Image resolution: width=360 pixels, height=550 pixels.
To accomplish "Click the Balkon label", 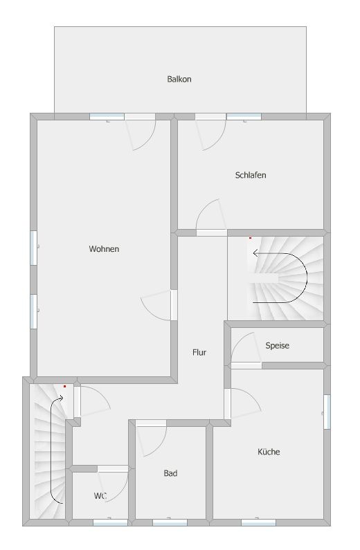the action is coord(179,80).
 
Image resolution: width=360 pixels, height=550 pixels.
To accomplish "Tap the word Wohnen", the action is coord(104,249).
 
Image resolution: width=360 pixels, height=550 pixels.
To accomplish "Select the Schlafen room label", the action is coord(251,175).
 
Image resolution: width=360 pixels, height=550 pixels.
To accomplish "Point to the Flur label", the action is coord(199,352).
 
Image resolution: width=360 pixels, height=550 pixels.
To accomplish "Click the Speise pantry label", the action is coord(277,345).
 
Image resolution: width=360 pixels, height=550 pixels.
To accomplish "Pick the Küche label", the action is coord(269,452).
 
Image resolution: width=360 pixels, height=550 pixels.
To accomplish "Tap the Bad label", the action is coord(170,473).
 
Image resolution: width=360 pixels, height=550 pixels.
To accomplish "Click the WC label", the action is coord(100,496).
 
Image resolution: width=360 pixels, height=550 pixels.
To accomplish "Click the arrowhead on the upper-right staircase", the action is coord(255,253).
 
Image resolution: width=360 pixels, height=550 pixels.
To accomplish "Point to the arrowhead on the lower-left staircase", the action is coord(60,398).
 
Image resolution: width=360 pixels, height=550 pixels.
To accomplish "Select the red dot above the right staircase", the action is coord(250,238).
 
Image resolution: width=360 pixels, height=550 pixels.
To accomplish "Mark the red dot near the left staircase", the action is coord(64,386).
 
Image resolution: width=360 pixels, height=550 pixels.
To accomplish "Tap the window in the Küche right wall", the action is coord(327,412).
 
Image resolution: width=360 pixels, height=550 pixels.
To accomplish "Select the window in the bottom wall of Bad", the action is coord(170,522).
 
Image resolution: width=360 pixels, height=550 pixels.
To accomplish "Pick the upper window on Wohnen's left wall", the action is coord(33,248).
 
